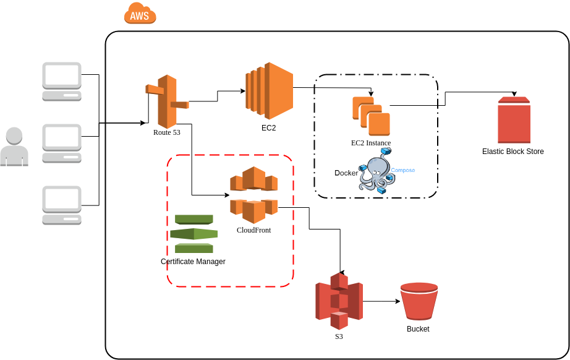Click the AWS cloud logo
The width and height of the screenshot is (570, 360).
tap(140, 14)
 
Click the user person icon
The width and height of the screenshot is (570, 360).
tap(14, 147)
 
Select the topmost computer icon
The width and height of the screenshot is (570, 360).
tap(62, 81)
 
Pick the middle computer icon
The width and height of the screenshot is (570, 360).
tap(62, 143)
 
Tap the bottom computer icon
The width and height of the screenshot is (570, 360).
tap(62, 205)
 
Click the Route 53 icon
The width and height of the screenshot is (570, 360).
tap(166, 101)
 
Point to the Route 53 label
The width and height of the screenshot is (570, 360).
tap(167, 132)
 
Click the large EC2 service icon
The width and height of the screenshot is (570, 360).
tap(269, 90)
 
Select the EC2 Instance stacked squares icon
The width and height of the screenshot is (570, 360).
tap(371, 116)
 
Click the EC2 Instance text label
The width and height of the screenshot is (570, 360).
tap(371, 143)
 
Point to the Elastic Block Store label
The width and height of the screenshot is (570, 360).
tap(513, 152)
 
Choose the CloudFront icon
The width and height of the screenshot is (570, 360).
tap(253, 194)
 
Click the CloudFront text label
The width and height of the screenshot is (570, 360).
tap(253, 230)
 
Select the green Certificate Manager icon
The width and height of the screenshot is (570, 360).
tap(194, 234)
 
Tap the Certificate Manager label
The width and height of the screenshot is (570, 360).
tap(193, 262)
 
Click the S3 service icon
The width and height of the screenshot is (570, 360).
tap(339, 301)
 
